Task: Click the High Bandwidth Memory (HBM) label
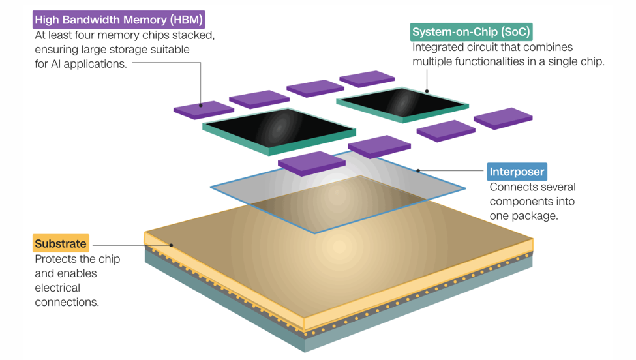point(118,20)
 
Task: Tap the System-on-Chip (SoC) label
point(470,31)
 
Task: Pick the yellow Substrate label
point(60,244)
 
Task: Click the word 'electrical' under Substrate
point(57,288)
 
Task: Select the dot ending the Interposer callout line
point(419,171)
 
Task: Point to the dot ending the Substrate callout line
point(172,246)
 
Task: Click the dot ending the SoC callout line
point(427,91)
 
